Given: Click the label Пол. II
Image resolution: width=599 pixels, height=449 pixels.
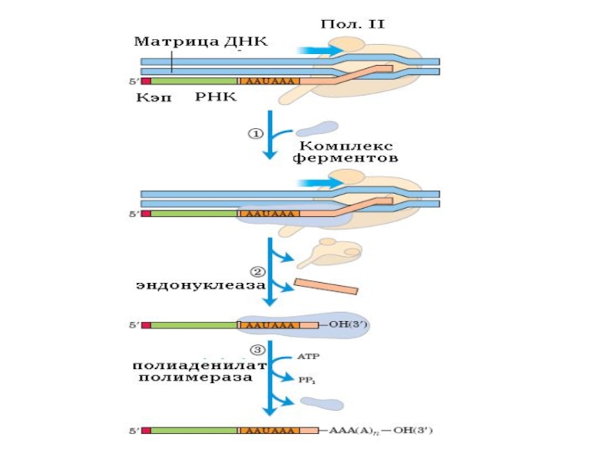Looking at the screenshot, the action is [352, 24].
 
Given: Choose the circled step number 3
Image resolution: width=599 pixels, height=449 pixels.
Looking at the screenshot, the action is [255, 349].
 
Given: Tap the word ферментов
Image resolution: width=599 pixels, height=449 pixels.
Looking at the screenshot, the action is [345, 159].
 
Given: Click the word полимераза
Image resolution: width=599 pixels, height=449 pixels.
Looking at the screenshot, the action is [195, 378].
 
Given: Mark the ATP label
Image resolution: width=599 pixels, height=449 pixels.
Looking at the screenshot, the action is [309, 357].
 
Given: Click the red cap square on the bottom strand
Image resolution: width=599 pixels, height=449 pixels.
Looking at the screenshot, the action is [145, 430].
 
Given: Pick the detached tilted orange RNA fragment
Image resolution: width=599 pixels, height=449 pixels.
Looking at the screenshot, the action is [326, 287].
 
